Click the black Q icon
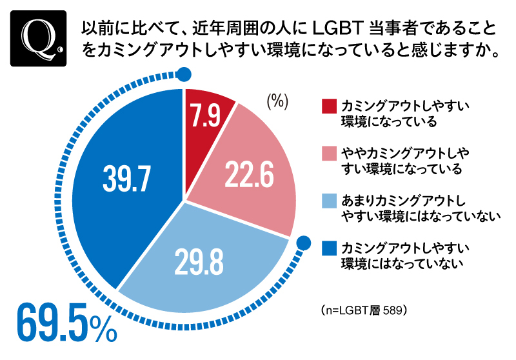[38, 38]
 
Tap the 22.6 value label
[249, 174]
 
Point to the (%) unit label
[277, 101]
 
